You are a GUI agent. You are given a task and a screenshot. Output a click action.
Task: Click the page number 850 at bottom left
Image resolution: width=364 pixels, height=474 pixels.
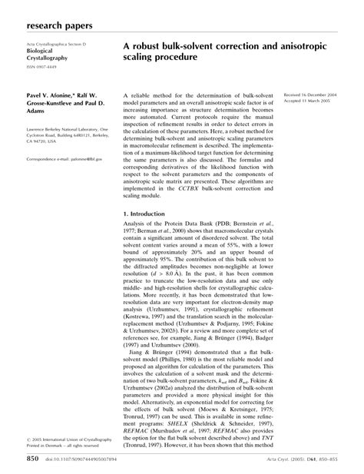pos(31,458)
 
